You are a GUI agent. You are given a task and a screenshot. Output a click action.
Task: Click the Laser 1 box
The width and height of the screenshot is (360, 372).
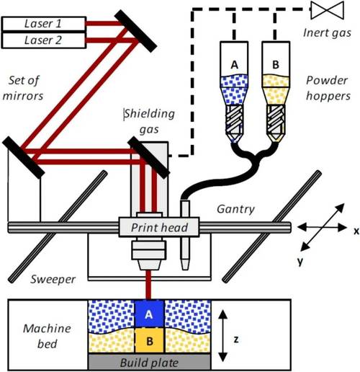(x=44, y=24)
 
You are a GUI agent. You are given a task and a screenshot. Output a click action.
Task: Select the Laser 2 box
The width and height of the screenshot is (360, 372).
(x=44, y=40)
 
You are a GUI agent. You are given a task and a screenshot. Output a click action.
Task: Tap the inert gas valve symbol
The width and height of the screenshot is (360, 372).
(x=327, y=10)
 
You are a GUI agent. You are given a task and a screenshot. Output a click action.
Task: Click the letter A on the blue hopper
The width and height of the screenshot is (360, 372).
(x=234, y=65)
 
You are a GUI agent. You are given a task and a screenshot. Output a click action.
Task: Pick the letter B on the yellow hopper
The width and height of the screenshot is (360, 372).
(x=276, y=64)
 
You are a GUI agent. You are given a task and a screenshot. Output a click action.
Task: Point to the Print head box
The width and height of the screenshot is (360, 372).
(x=159, y=227)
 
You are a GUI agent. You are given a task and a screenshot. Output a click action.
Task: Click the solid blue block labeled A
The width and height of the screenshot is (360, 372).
(x=149, y=314)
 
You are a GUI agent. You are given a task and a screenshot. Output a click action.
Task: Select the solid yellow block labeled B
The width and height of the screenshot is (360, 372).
(x=149, y=340)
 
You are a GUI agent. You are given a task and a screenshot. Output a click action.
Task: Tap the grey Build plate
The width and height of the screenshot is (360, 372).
(x=149, y=362)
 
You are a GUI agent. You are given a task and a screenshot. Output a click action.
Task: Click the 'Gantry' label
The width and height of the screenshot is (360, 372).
(x=235, y=209)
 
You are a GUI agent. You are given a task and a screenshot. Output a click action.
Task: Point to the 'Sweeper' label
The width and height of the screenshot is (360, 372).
(x=53, y=279)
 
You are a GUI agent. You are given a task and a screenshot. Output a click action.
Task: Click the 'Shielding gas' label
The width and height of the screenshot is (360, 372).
(x=150, y=121)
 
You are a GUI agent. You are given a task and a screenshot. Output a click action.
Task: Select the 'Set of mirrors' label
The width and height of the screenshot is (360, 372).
(x=23, y=88)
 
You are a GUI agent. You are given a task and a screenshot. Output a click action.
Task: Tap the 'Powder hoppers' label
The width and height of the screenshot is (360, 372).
(x=328, y=88)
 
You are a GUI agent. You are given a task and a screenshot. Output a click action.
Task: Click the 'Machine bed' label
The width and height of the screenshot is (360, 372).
(x=47, y=336)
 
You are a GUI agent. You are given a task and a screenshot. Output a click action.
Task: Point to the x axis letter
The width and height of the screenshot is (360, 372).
(x=356, y=231)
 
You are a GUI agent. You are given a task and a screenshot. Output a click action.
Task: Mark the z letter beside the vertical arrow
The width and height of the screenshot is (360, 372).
(x=236, y=340)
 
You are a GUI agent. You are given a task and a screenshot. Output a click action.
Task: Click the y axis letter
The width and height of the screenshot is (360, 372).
(x=300, y=261)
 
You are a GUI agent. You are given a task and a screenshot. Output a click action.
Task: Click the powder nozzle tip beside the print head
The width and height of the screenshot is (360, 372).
(x=185, y=265)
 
